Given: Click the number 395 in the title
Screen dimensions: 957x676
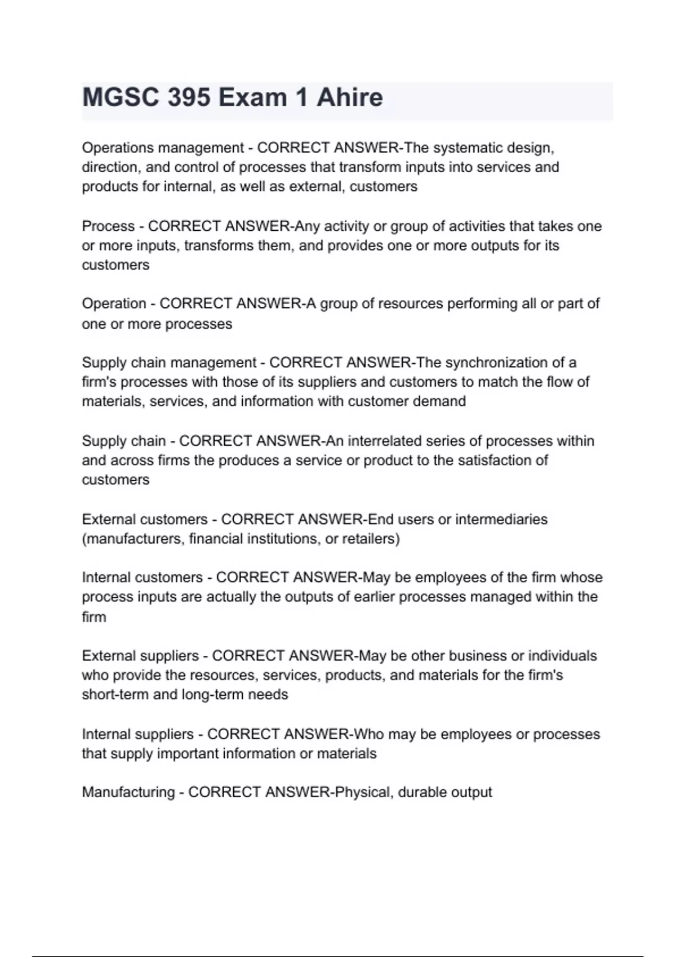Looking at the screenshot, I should (x=188, y=97).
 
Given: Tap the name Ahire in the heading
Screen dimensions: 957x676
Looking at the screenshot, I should (x=349, y=97).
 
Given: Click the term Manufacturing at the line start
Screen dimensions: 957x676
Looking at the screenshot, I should (x=128, y=793).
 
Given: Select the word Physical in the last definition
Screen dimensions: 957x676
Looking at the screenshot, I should (x=363, y=793).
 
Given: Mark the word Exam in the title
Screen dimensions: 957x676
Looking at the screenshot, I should (x=252, y=97).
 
